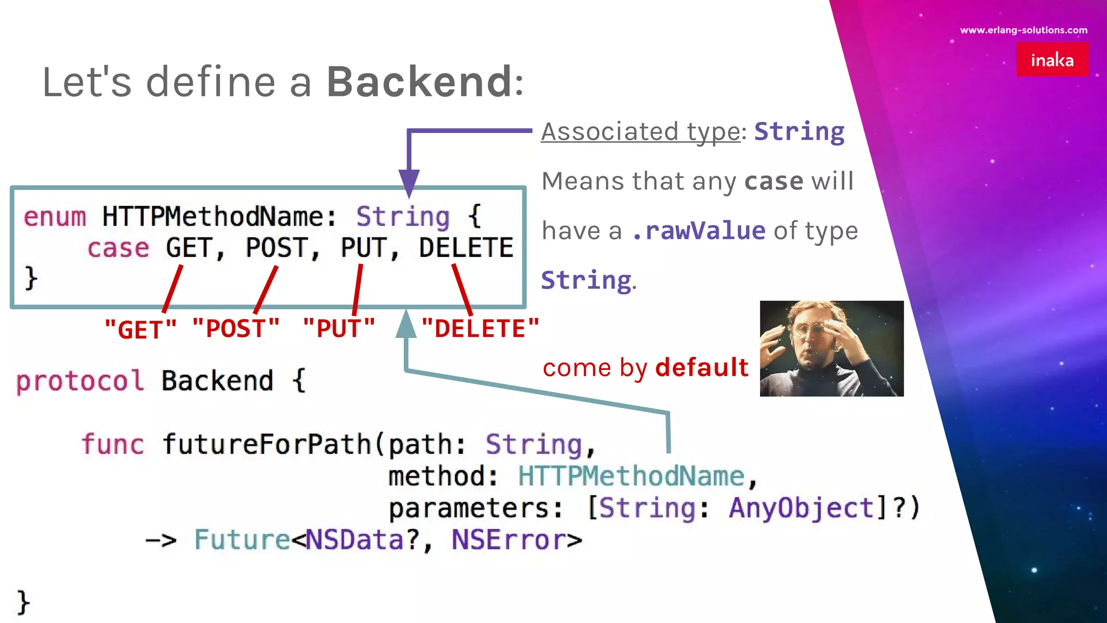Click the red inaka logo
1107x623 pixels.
(1052, 59)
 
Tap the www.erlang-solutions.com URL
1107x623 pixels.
(1023, 30)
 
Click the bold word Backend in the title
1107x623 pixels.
(419, 82)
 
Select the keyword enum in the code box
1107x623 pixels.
(55, 217)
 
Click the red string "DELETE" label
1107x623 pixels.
(480, 329)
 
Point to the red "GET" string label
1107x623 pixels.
(140, 329)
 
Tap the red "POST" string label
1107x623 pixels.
(236, 329)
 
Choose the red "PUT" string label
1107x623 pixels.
(338, 329)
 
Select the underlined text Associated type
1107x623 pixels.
(641, 131)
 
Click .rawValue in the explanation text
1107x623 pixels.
(698, 231)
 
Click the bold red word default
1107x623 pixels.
(702, 368)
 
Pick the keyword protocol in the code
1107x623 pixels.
(80, 381)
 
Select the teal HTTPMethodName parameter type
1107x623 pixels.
(631, 476)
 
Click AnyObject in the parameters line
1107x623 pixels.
(801, 508)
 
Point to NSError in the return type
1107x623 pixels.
(509, 540)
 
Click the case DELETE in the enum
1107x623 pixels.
(466, 248)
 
